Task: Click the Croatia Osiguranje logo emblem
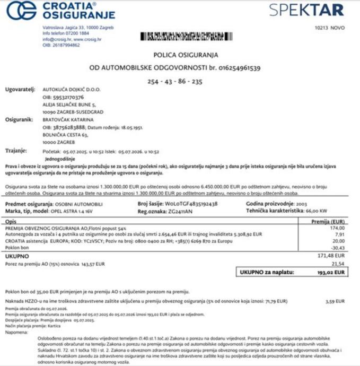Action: pyautogui.click(x=22, y=10)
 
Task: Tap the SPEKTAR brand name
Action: pyautogui.click(x=306, y=10)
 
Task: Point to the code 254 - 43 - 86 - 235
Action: pyautogui.click(x=175, y=82)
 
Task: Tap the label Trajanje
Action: pyautogui.click(x=16, y=150)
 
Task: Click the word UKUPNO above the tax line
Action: pyautogui.click(x=17, y=256)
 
